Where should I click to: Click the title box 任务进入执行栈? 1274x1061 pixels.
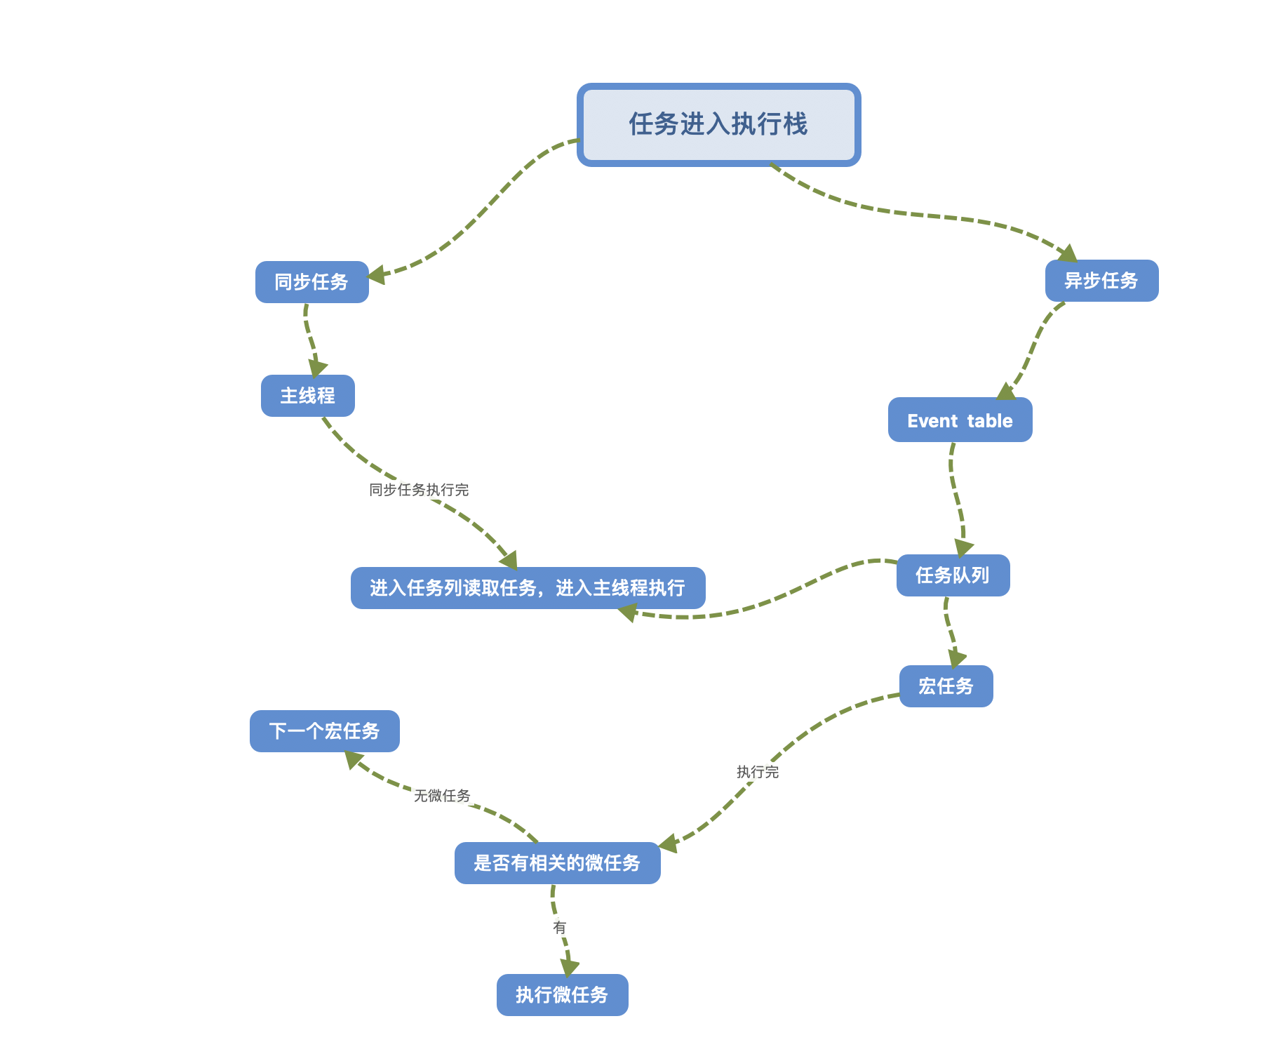718,125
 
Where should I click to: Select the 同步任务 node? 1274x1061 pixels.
311,282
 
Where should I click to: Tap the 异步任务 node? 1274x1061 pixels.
1101,281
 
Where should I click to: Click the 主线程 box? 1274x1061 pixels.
307,396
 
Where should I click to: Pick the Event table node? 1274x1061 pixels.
960,420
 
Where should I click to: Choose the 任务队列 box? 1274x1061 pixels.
953,575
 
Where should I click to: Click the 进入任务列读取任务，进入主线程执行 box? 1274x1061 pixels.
528,588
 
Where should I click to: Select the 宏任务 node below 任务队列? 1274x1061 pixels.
946,686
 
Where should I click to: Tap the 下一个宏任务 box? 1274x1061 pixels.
324,731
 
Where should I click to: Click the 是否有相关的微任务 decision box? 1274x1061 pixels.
557,863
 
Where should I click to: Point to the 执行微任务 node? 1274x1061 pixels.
562,995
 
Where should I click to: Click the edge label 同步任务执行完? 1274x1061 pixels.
419,490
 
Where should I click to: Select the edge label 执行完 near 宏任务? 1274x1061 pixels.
758,772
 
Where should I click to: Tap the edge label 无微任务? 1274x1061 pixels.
442,796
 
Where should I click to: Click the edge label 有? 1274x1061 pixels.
559,928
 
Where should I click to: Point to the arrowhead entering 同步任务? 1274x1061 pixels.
377,275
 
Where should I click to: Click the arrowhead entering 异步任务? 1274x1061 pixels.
1068,253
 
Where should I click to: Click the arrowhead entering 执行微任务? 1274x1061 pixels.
569,967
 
